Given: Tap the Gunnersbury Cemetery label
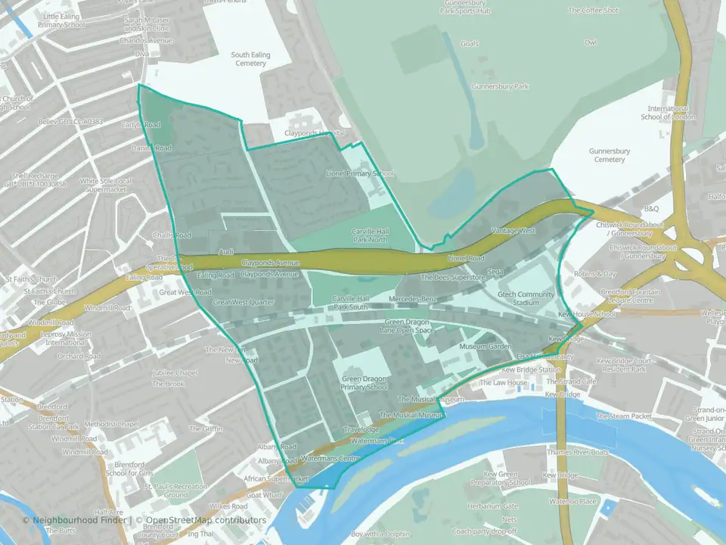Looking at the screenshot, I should [x=609, y=155].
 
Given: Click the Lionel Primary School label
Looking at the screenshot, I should [x=359, y=173].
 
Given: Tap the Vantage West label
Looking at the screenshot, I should [x=513, y=230].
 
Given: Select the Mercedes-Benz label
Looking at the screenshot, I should [x=413, y=300].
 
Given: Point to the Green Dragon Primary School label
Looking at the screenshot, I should [x=365, y=383].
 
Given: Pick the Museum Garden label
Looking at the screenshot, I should [x=486, y=346].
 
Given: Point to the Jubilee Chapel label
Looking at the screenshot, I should [x=174, y=372].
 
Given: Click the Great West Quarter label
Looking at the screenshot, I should [x=243, y=303].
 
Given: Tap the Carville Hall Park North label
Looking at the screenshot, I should [x=370, y=235].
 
